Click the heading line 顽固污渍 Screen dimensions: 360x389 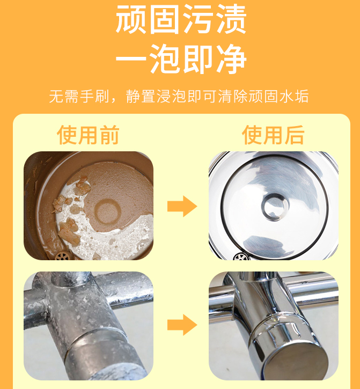coord(181,19)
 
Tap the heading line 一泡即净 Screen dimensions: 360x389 coord(181,59)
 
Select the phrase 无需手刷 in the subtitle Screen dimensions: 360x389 coord(79,96)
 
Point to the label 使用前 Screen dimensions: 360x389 coord(89,135)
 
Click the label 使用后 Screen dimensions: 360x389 coord(273,135)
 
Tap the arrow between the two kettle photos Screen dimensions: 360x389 coord(182,206)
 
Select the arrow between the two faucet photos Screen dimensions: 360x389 coord(182,325)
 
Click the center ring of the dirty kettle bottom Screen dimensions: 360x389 coord(107,211)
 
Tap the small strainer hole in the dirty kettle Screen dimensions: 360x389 coord(63,256)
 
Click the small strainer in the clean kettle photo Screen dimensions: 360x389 coord(241,256)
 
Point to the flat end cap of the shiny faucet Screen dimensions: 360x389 coord(295,359)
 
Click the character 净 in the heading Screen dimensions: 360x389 coord(231,59)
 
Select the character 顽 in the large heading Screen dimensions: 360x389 coord(131,19)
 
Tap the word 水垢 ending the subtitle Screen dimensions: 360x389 coord(294,96)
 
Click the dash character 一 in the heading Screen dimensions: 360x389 coord(131,60)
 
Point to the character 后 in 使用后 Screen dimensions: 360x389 coord(294,135)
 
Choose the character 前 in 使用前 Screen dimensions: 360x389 coord(109,135)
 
